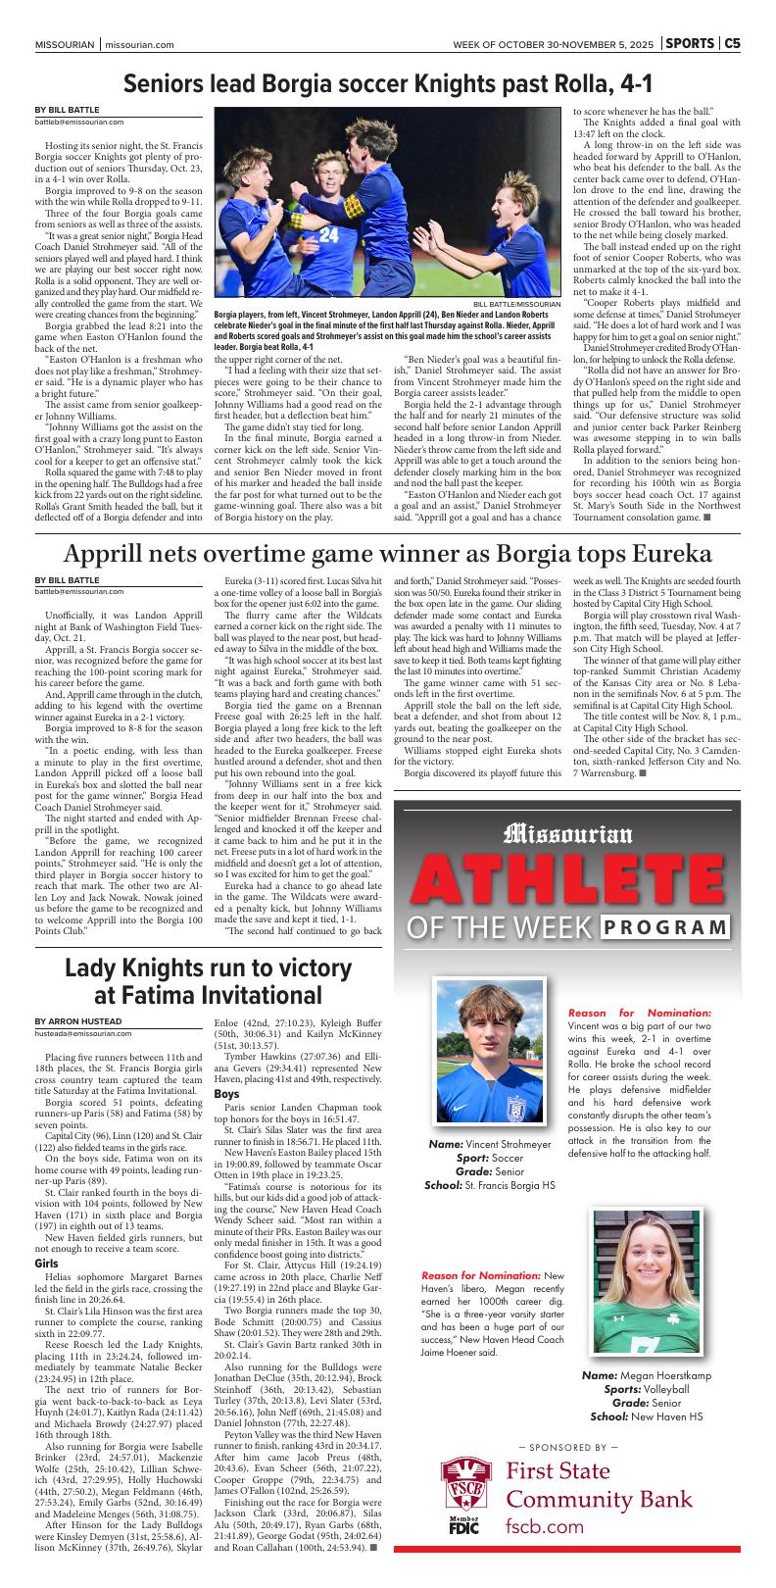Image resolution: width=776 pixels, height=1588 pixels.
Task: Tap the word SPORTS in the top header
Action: click(x=690, y=44)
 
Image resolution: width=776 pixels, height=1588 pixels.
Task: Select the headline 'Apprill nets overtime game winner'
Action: click(x=387, y=554)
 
